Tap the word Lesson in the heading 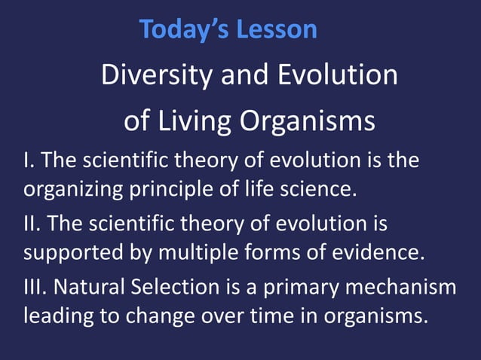277,29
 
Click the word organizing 69,188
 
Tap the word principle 167,188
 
